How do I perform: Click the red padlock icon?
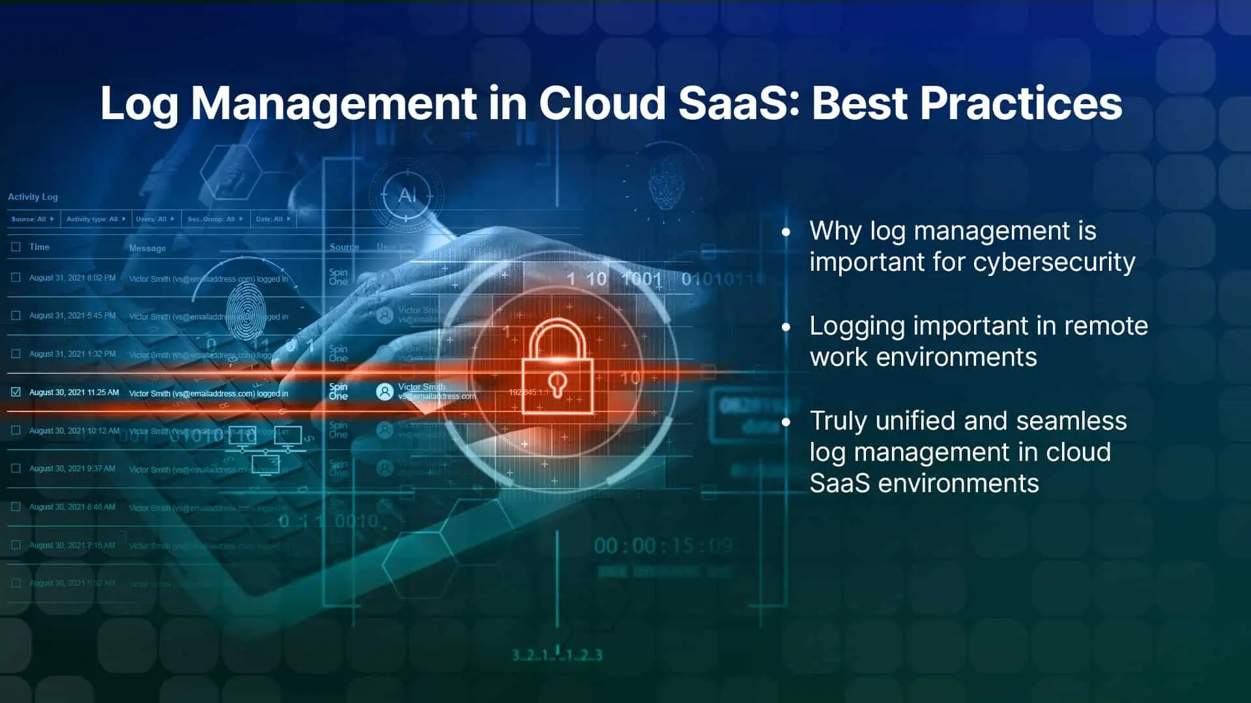[557, 367]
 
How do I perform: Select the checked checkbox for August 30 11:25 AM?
[16, 392]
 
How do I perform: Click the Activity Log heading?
[33, 197]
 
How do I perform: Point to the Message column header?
[147, 248]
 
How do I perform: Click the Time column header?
[39, 247]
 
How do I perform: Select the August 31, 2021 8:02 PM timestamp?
[72, 278]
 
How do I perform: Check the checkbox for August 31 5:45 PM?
[16, 316]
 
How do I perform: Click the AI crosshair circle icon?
[407, 195]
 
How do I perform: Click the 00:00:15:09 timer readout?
[663, 545]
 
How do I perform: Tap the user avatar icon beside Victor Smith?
[385, 391]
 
